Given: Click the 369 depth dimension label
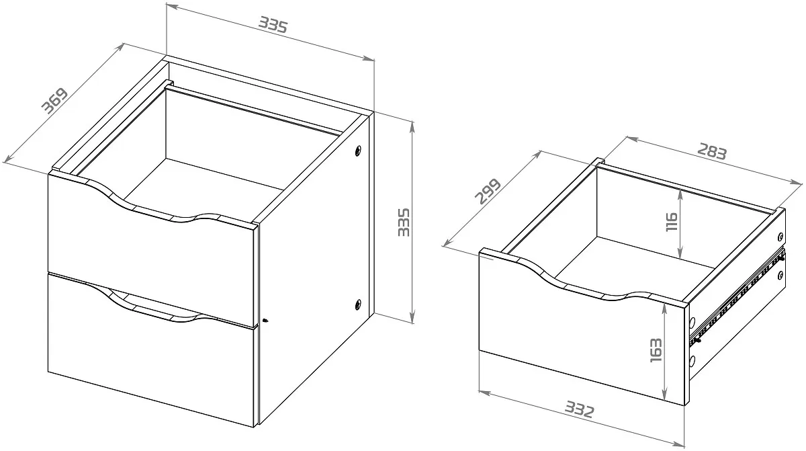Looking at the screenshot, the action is pyautogui.click(x=54, y=100).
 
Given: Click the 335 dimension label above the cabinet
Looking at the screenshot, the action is pyautogui.click(x=273, y=25).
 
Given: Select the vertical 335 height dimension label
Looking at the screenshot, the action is pyautogui.click(x=404, y=222).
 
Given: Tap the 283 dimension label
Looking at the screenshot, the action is pyautogui.click(x=713, y=151).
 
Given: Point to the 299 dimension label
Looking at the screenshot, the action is pyautogui.click(x=488, y=191).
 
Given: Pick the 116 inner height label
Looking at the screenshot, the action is pyautogui.click(x=672, y=222).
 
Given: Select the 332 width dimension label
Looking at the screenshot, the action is pyautogui.click(x=580, y=409).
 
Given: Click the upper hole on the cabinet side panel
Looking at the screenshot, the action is pyautogui.click(x=358, y=151).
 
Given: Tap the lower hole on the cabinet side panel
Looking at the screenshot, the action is pyautogui.click(x=358, y=304).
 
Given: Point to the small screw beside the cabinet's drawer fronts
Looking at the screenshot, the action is pyautogui.click(x=265, y=320).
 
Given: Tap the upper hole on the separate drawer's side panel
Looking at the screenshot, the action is pyautogui.click(x=780, y=237).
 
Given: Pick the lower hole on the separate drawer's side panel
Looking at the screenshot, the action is pyautogui.click(x=780, y=276).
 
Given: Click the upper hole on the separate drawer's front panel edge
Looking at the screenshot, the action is pyautogui.click(x=692, y=321).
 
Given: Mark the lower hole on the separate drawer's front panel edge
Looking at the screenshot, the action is pyautogui.click(x=692, y=361).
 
